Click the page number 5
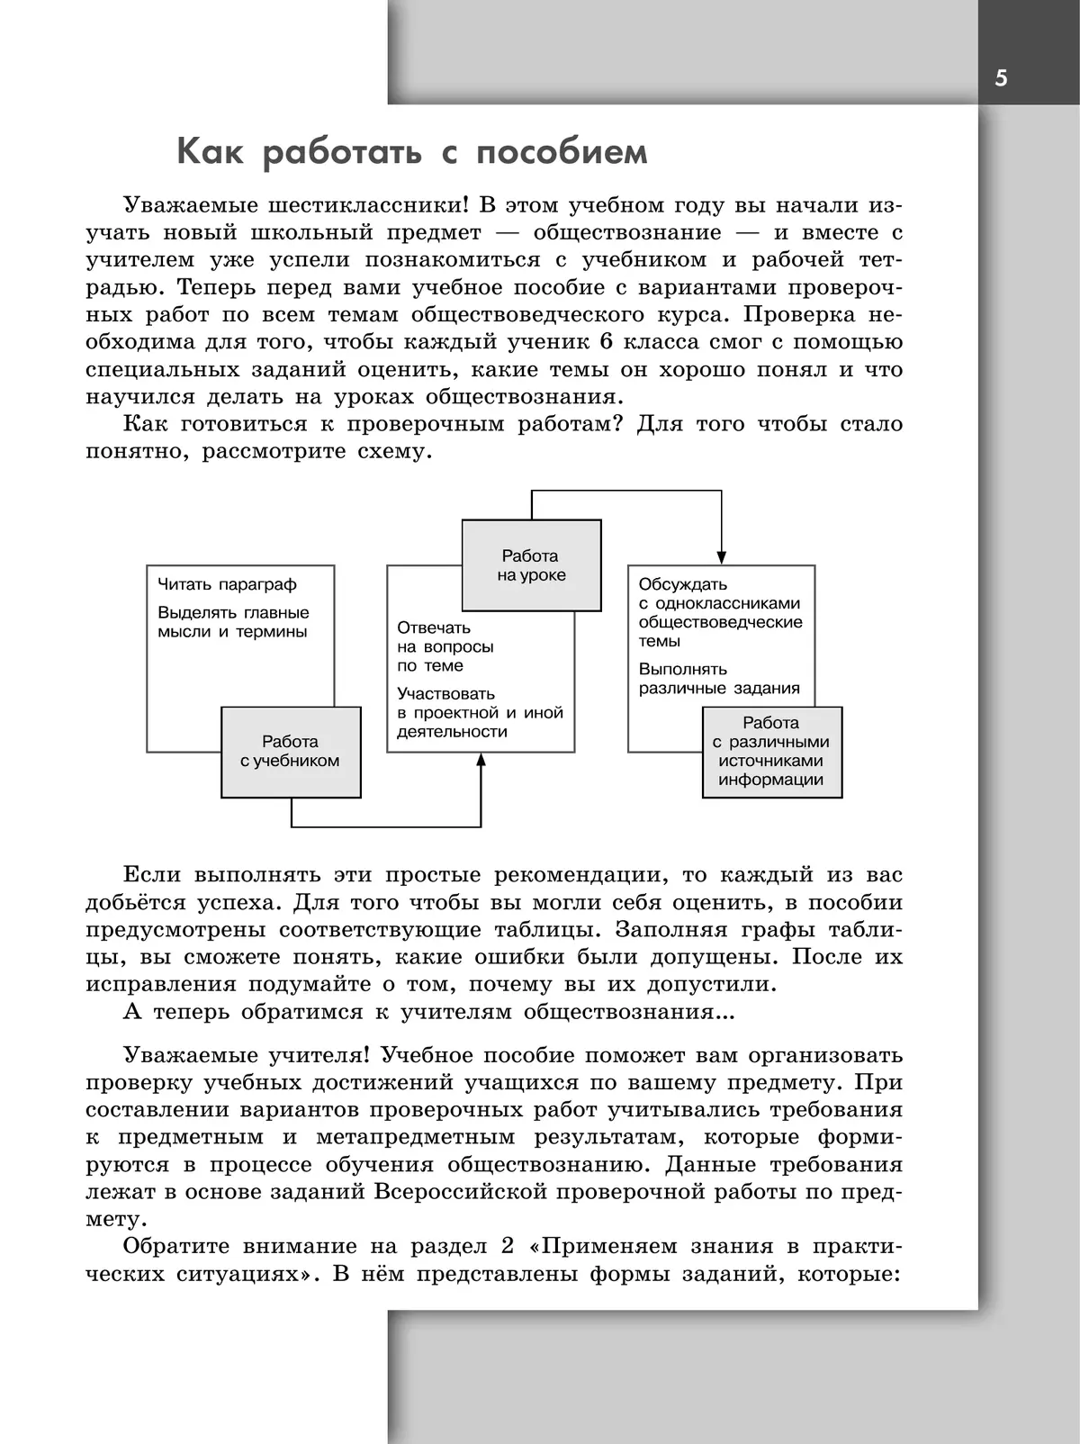(x=1001, y=78)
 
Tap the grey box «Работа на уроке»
(x=531, y=565)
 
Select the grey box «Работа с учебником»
(x=290, y=752)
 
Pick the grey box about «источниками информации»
(x=771, y=752)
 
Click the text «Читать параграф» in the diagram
(x=227, y=585)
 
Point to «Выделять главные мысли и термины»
(x=233, y=622)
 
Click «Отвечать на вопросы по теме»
(x=445, y=646)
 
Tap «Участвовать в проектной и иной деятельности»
(x=480, y=712)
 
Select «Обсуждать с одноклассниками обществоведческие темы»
(x=720, y=612)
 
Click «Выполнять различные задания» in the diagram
(x=719, y=679)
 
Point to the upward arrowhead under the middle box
(x=481, y=760)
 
